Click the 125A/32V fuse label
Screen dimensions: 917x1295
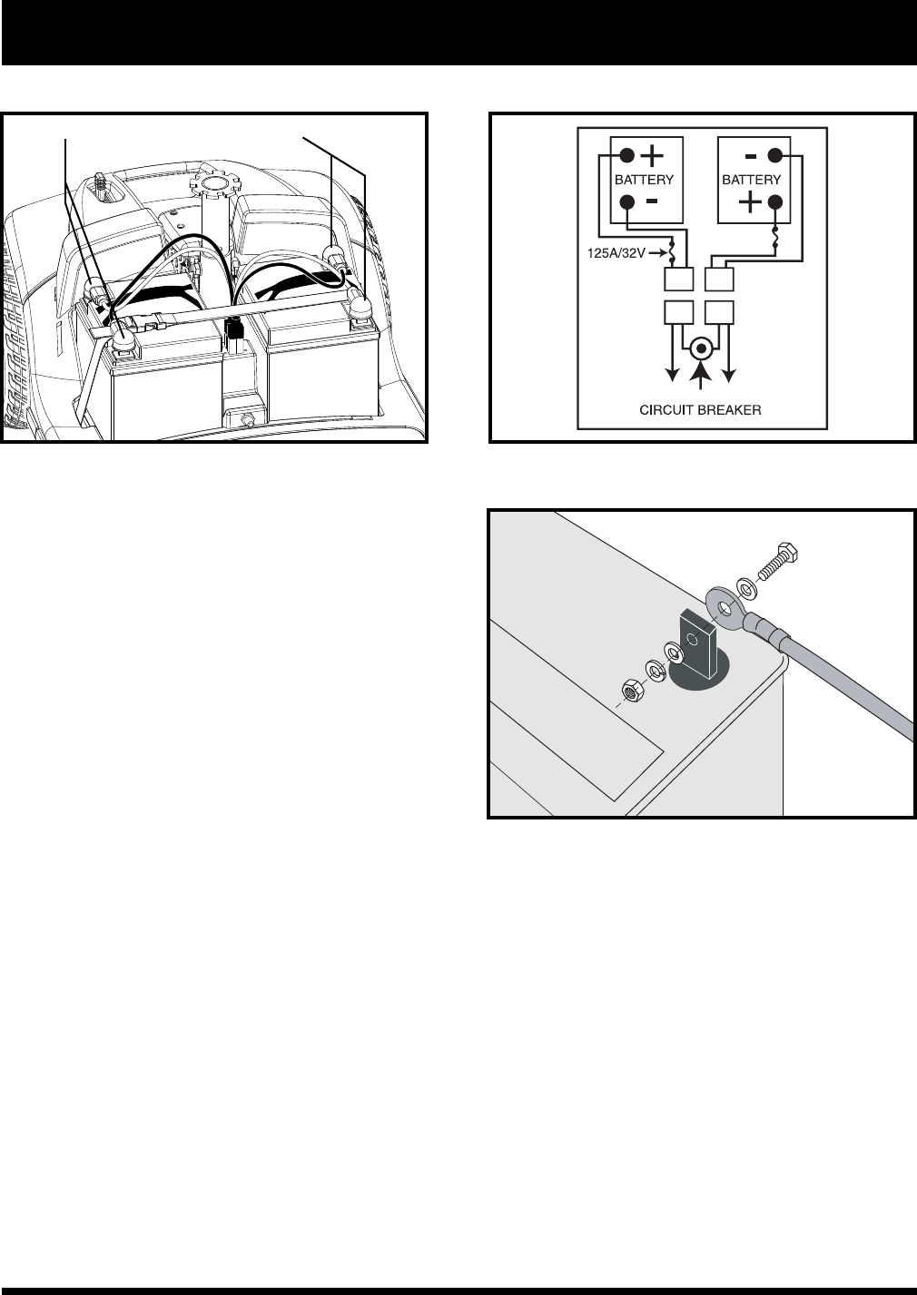(616, 253)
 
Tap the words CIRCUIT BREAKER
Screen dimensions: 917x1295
(700, 410)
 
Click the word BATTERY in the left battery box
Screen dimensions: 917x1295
(644, 180)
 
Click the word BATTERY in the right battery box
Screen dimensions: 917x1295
(752, 180)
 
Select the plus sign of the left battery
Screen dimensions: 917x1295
(653, 155)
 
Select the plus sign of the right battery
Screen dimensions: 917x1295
(750, 202)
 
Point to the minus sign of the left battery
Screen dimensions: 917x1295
(652, 201)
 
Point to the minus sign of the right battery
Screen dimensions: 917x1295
(751, 156)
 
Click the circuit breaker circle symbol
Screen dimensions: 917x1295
(701, 348)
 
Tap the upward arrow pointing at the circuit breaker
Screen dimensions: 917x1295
(701, 375)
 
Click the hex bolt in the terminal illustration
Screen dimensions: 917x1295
(777, 560)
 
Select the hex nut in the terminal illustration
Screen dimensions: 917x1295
(630, 691)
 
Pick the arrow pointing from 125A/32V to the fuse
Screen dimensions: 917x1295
(658, 253)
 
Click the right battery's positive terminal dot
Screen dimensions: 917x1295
(774, 202)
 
